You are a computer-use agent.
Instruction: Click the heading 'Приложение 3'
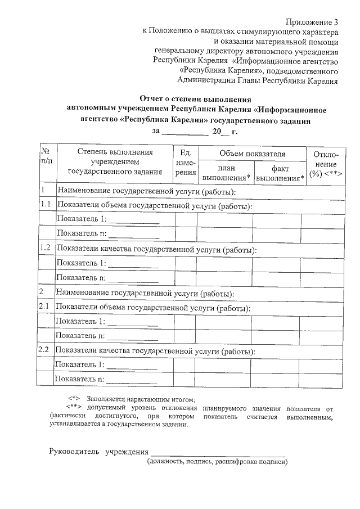click(x=312, y=22)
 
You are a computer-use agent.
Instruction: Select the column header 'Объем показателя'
click(x=252, y=154)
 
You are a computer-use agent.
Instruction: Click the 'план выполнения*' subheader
click(x=226, y=173)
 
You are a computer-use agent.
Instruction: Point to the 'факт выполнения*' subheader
click(x=280, y=173)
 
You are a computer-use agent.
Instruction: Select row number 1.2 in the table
click(x=46, y=249)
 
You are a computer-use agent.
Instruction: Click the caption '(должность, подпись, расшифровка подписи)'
click(x=217, y=462)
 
